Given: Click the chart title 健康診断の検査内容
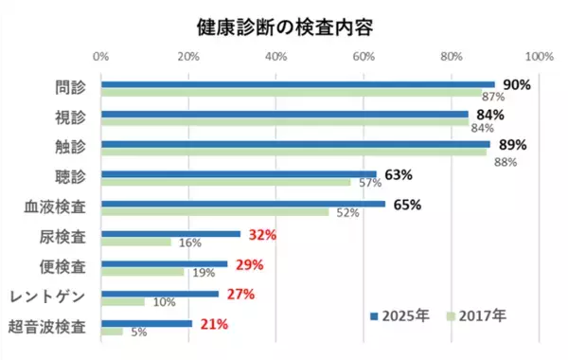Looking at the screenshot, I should pos(284,26).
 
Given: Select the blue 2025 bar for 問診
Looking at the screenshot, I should pos(297,84).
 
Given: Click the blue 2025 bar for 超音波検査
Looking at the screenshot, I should pos(147,324).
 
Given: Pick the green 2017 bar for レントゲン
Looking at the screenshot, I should pos(123,302).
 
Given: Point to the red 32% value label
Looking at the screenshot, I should pos(261,234).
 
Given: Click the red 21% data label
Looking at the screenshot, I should pos(213,324).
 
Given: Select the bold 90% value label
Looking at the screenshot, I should pos(516,84).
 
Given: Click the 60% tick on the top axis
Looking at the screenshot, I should pos(364,58).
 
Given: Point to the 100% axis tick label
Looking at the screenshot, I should pos(538,58).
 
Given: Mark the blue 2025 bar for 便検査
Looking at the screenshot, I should pos(165,264).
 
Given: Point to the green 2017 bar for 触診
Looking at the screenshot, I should pos(294,153).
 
